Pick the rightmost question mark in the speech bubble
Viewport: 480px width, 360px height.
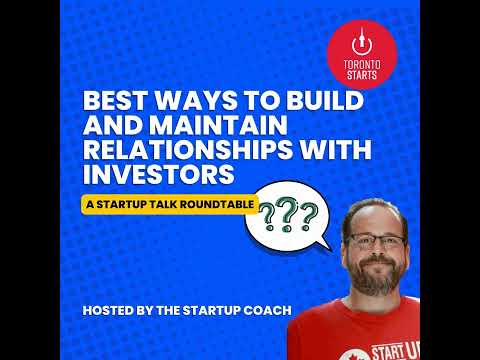click(x=307, y=213)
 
